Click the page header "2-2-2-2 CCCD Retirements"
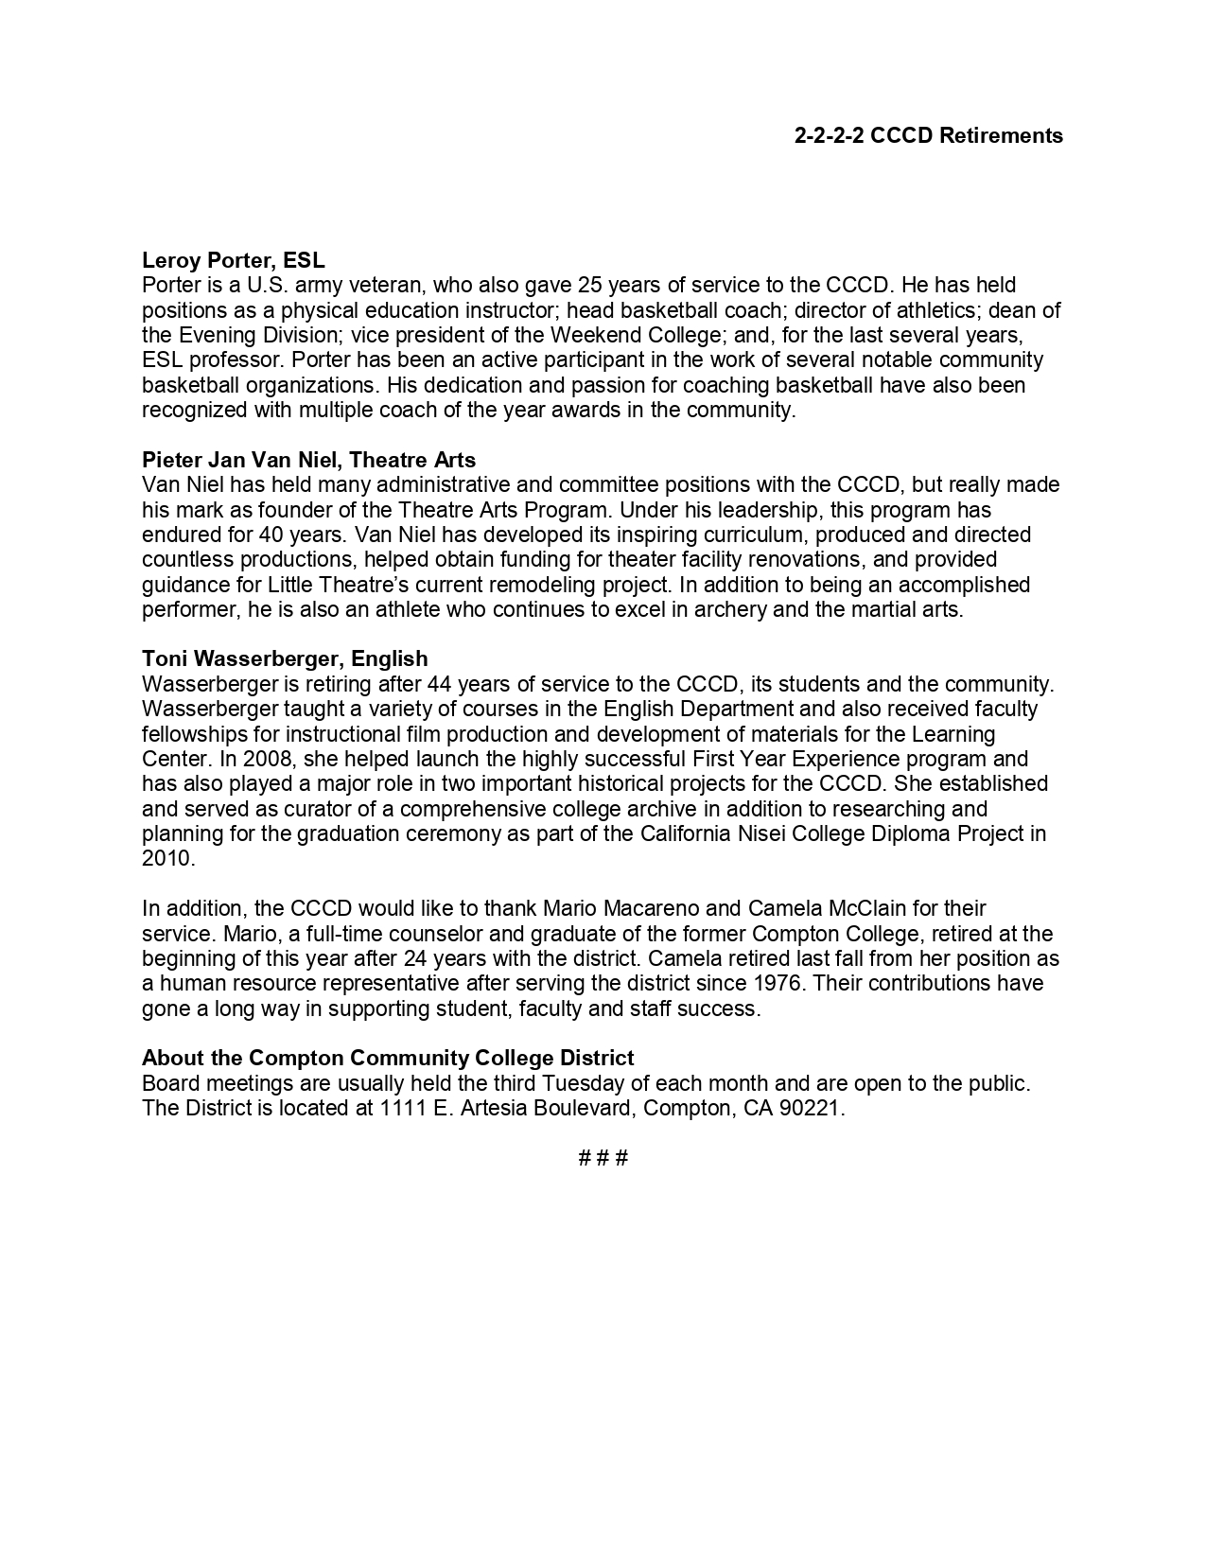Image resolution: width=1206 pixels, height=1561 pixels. [x=928, y=136]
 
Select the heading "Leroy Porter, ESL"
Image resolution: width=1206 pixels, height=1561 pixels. [x=233, y=260]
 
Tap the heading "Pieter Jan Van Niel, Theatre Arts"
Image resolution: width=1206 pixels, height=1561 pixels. [x=308, y=460]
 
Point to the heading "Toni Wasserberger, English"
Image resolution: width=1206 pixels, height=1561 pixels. [x=285, y=658]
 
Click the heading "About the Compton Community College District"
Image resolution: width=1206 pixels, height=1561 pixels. [x=388, y=1058]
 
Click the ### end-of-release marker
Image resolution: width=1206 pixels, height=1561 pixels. [x=603, y=1158]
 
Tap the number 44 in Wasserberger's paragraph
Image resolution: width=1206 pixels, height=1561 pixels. [x=440, y=684]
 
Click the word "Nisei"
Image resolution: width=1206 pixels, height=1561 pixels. [x=769, y=833]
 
